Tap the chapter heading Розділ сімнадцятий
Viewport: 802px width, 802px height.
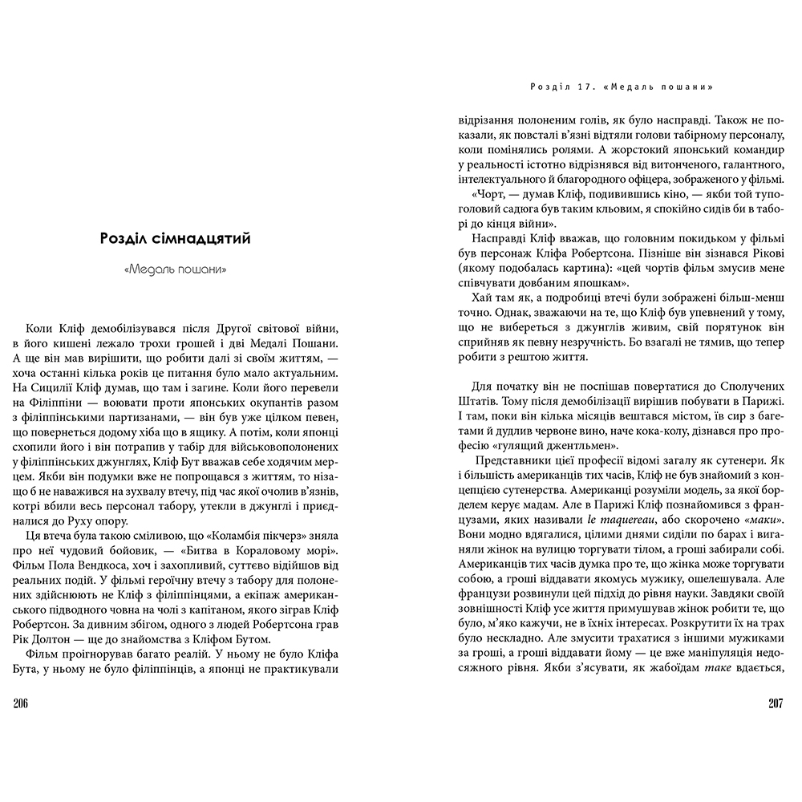[176, 238]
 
